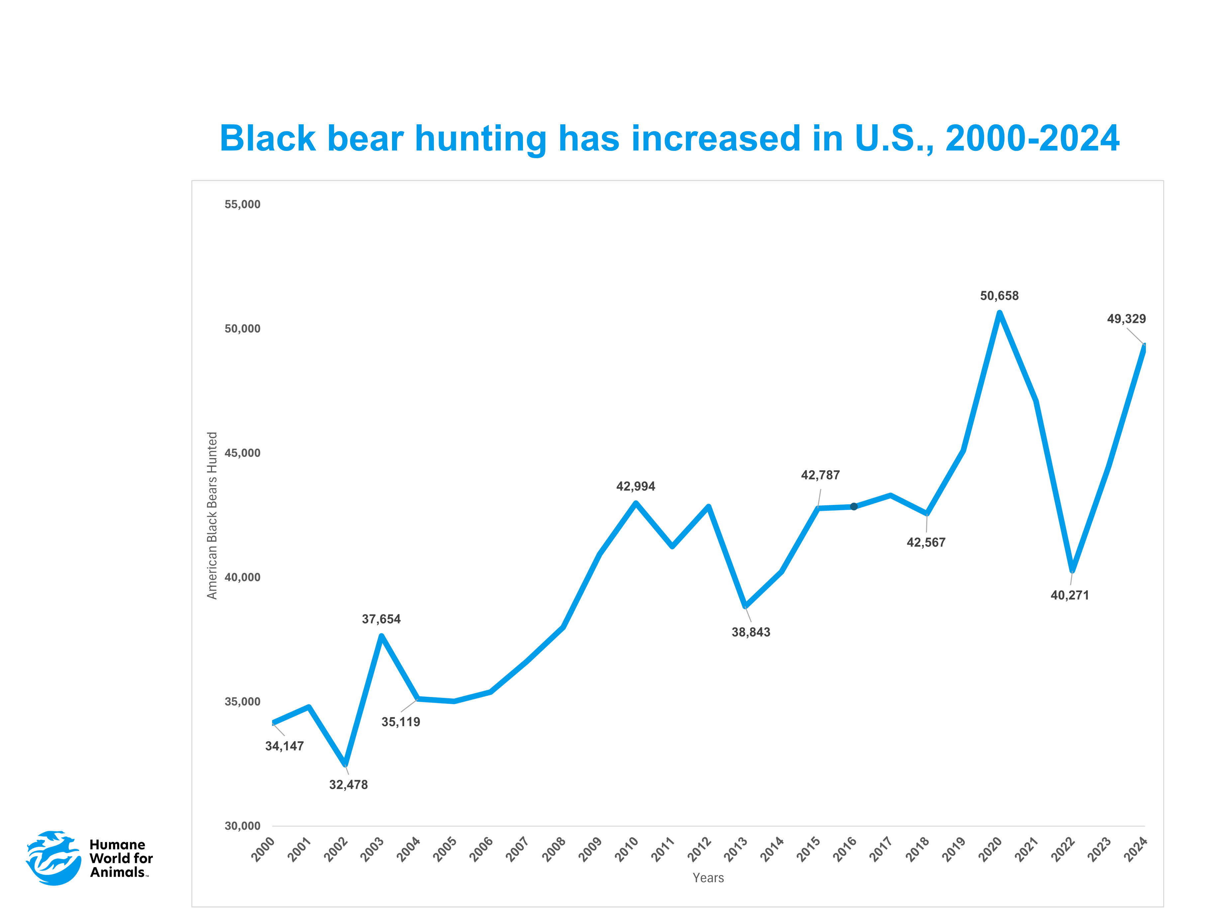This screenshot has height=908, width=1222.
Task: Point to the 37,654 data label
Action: click(381, 619)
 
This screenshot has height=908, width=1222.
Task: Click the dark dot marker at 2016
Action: click(854, 507)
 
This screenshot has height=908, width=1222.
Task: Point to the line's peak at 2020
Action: click(999, 313)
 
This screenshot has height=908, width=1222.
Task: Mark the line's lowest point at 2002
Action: click(345, 764)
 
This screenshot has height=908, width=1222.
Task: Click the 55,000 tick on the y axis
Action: click(243, 204)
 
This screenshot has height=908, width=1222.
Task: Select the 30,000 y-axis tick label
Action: click(243, 826)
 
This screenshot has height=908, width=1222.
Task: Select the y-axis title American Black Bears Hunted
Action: click(212, 516)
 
